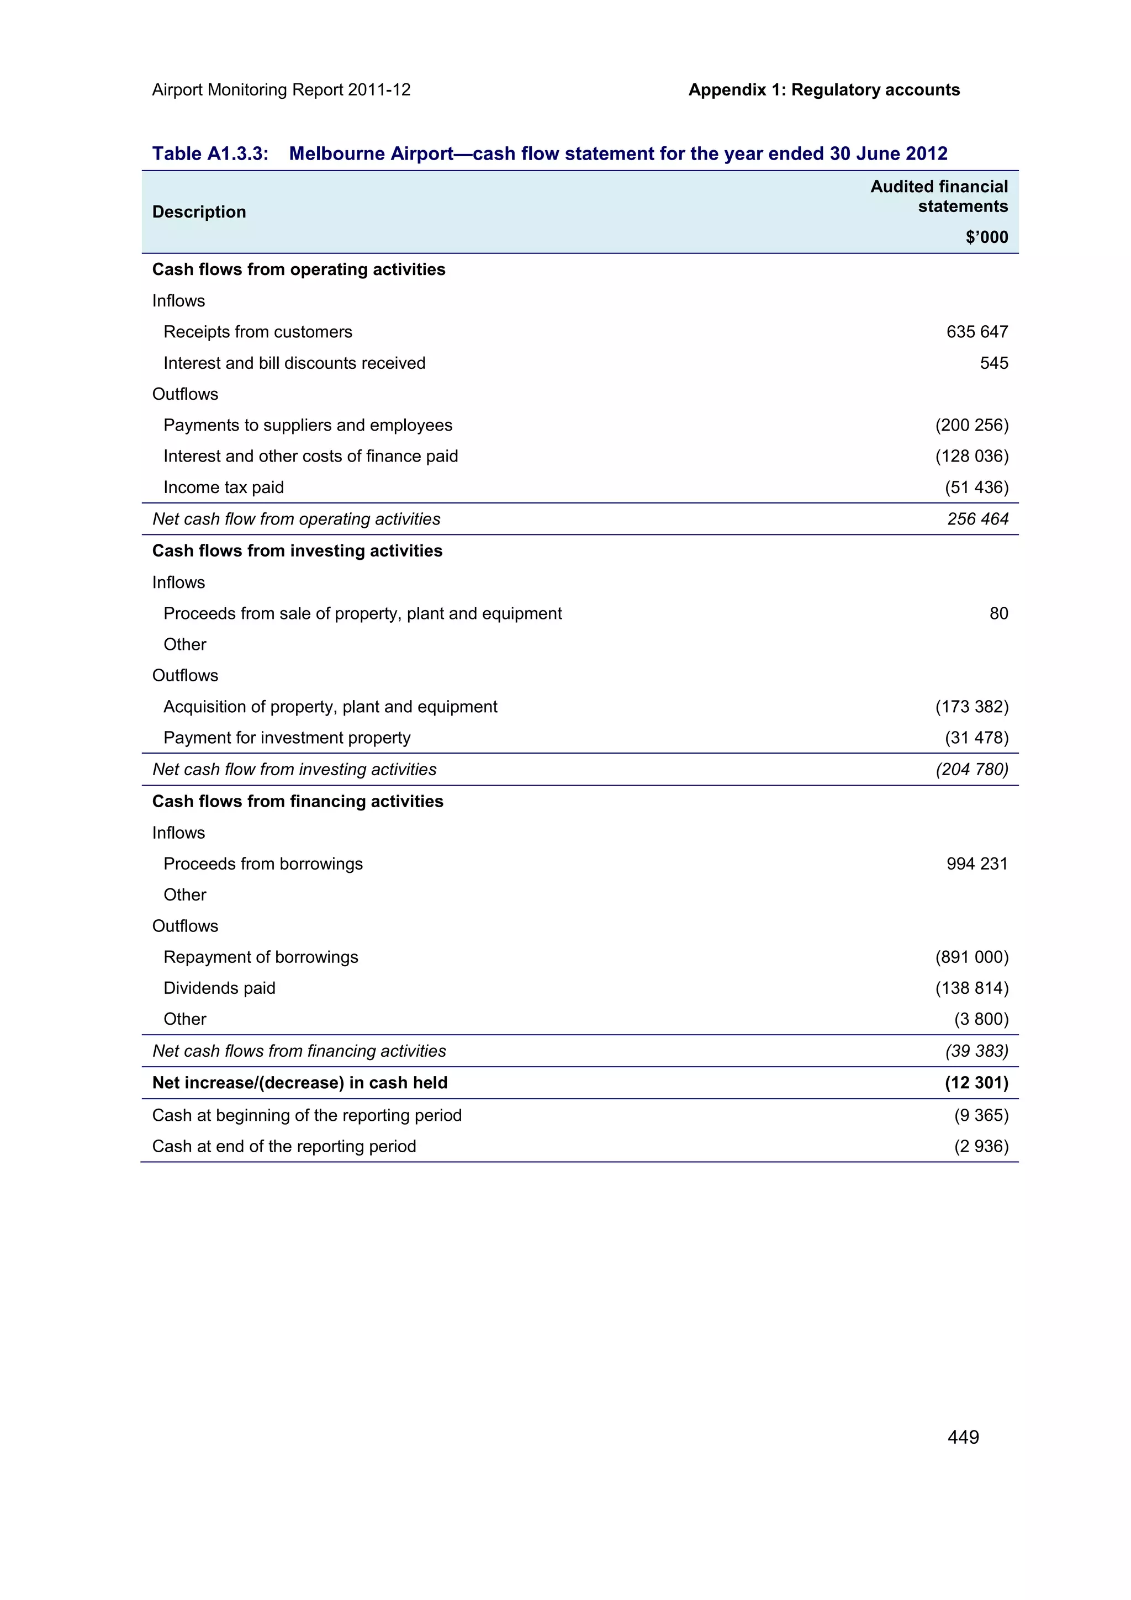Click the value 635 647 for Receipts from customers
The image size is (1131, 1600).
click(x=976, y=332)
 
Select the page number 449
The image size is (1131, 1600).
click(x=963, y=1437)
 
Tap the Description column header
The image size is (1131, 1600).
click(x=199, y=212)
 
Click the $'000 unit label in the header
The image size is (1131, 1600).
click(x=986, y=237)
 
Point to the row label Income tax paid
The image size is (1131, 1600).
click(x=223, y=487)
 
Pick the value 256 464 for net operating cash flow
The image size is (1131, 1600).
click(x=977, y=518)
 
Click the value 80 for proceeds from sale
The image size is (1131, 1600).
click(x=998, y=613)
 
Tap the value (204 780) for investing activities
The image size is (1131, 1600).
click(x=971, y=769)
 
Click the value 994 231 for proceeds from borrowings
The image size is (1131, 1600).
click(x=976, y=863)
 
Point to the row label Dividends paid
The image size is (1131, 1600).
click(x=219, y=988)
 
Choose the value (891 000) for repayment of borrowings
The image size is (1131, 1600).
click(x=971, y=957)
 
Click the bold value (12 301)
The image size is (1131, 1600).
click(x=976, y=1082)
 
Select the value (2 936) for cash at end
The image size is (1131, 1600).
click(x=980, y=1146)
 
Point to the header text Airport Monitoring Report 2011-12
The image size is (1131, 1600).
click(x=281, y=90)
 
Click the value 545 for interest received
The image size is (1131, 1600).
click(x=993, y=363)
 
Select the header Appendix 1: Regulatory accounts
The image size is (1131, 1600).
click(x=824, y=90)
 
